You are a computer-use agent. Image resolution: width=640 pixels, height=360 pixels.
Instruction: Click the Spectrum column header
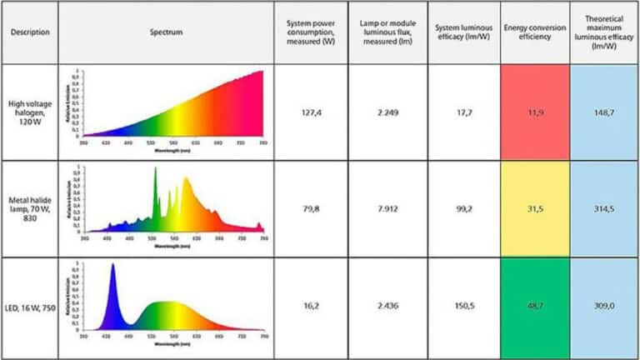click(167, 32)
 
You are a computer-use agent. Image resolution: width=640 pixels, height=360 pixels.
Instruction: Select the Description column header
click(30, 32)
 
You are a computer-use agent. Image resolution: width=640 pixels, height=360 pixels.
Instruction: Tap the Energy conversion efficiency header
click(535, 32)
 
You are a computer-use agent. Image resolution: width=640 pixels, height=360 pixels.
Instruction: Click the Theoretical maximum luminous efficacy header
click(604, 32)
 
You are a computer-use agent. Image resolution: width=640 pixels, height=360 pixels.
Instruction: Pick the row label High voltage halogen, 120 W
click(30, 112)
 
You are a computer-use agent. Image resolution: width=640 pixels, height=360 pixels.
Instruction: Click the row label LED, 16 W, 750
click(30, 306)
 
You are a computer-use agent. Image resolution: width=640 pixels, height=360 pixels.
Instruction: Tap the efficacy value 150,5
click(463, 306)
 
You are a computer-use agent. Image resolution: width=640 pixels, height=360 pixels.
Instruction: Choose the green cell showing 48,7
click(535, 306)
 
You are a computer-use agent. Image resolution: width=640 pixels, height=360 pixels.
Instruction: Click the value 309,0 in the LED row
click(604, 306)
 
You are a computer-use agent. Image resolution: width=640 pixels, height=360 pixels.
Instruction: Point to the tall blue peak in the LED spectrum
click(112, 275)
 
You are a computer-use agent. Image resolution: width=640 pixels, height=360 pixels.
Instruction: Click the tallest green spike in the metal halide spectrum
click(155, 179)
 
